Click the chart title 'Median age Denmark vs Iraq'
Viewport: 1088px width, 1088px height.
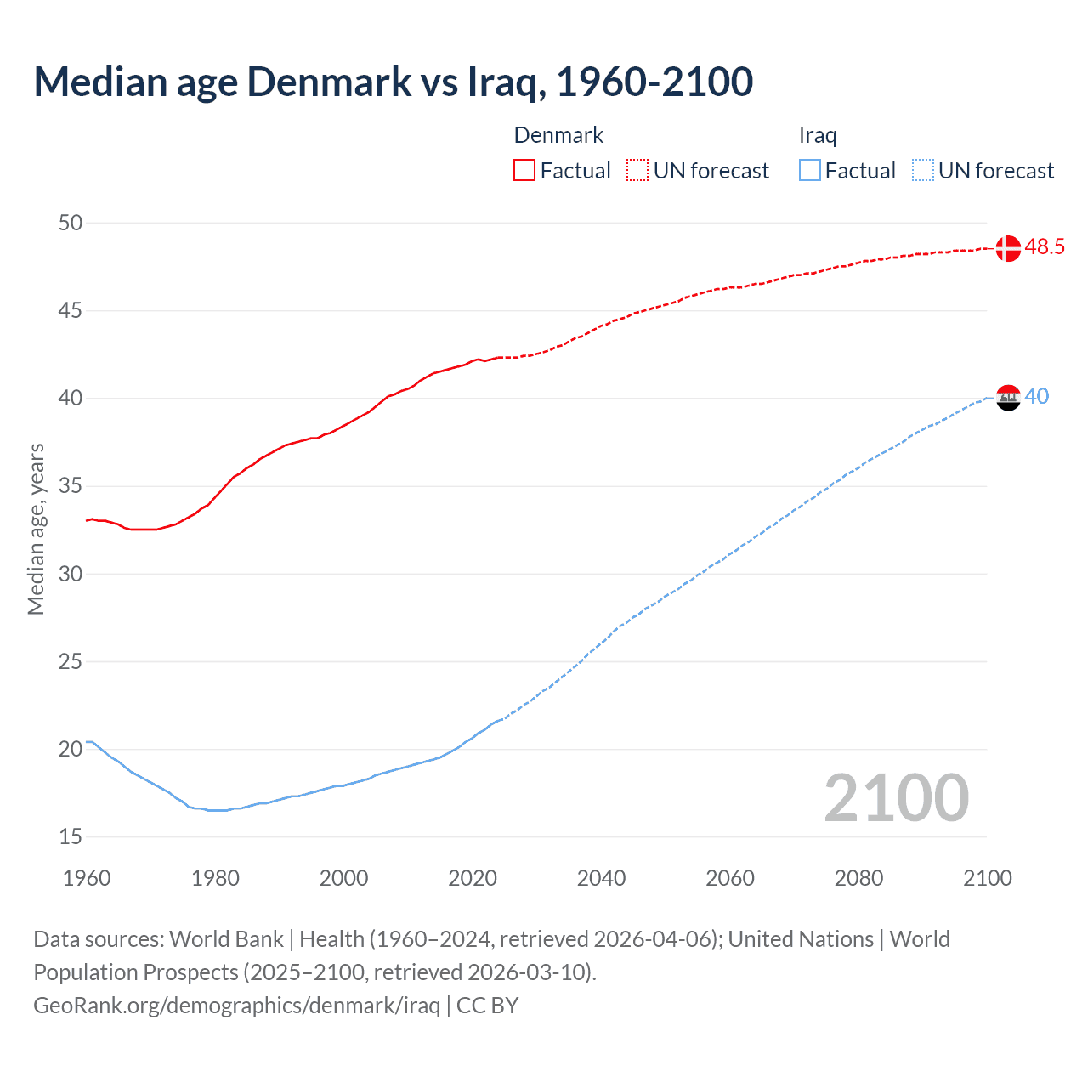(393, 82)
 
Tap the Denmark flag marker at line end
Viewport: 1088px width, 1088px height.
(1008, 248)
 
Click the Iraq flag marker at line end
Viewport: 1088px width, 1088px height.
(1008, 397)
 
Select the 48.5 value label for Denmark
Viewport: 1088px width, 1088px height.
(1045, 247)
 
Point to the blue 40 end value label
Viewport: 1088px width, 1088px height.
(1037, 397)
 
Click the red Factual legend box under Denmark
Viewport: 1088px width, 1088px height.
(524, 171)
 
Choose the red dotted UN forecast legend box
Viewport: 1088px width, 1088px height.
(637, 171)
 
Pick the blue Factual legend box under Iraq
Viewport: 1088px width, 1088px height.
(810, 171)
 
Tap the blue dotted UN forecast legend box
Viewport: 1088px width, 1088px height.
(923, 171)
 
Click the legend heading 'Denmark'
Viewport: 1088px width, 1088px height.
(558, 135)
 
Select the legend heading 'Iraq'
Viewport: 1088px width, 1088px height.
(818, 135)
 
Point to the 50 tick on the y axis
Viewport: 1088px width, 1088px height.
(71, 223)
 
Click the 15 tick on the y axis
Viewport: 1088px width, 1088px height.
(71, 837)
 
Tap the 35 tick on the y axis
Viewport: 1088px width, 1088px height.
(71, 486)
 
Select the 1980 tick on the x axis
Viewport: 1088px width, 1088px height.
(215, 878)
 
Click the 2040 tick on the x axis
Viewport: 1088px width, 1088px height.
(601, 878)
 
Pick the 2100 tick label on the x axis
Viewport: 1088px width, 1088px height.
(987, 878)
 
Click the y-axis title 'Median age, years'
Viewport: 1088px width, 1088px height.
(36, 529)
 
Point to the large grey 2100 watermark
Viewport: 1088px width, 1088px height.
(897, 797)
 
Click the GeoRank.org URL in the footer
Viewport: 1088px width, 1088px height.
(236, 1006)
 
